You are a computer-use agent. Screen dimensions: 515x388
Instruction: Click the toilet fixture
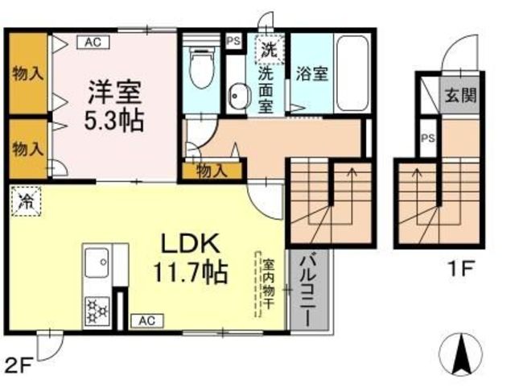[x=202, y=68]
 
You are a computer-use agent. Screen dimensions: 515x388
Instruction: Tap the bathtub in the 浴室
[x=352, y=74]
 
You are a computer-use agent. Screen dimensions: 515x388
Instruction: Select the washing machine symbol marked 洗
[x=270, y=48]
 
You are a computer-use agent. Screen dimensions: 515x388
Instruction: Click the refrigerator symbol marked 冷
[x=27, y=201]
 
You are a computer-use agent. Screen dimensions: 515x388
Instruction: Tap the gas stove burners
[x=97, y=311]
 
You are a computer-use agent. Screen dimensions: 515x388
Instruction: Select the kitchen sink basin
[x=97, y=262]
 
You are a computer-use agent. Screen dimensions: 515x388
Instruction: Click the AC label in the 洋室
[x=93, y=43]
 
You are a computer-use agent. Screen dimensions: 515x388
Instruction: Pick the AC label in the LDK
[x=146, y=320]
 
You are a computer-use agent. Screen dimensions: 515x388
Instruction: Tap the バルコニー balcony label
[x=309, y=290]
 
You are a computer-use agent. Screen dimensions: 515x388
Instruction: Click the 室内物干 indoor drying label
[x=268, y=284]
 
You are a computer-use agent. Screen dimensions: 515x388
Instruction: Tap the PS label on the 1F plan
[x=428, y=138]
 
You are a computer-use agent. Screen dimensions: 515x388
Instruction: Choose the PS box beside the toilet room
[x=234, y=41]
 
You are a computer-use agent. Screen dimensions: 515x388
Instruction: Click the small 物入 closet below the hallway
[x=212, y=171]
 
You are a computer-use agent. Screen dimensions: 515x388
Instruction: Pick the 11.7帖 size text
[x=190, y=272]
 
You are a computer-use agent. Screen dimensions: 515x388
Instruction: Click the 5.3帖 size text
[x=114, y=120]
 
